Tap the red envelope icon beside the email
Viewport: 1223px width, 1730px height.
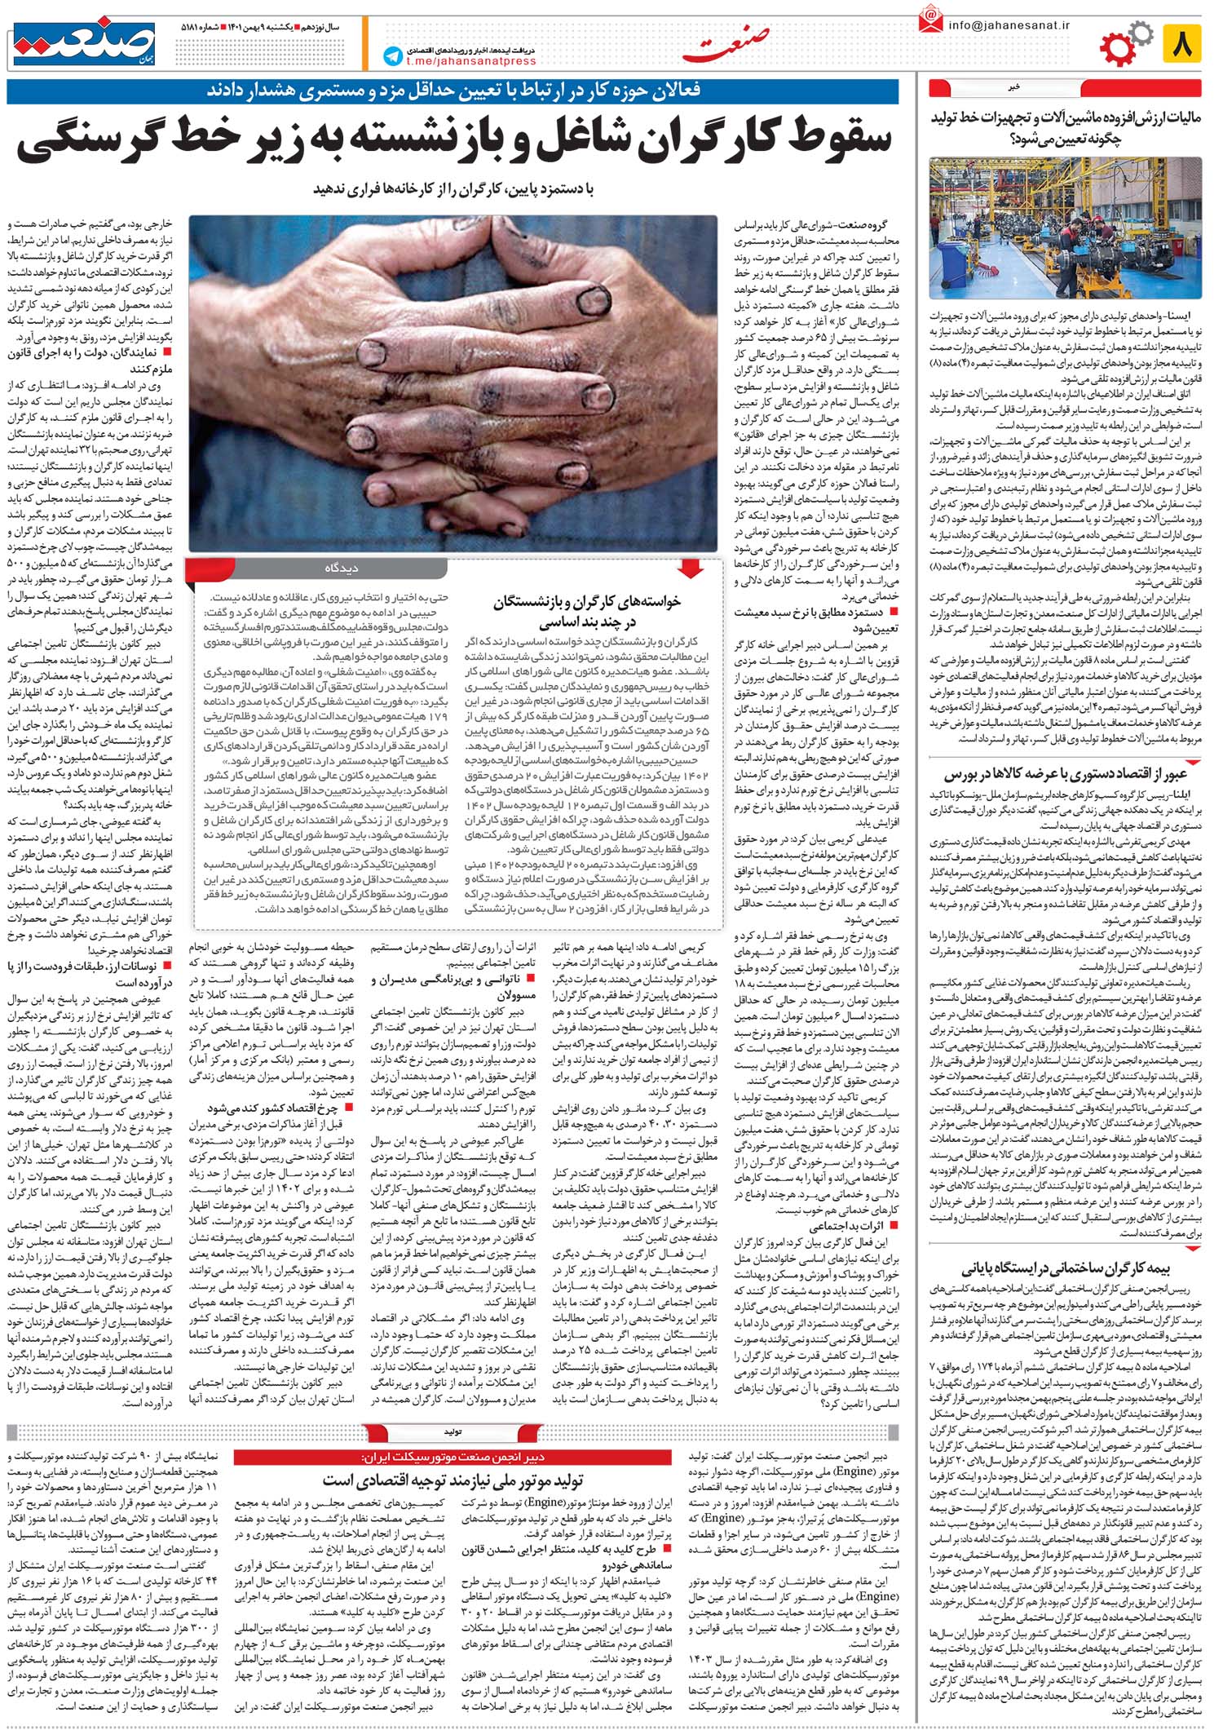(929, 21)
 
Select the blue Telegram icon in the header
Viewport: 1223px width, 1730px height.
(394, 55)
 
